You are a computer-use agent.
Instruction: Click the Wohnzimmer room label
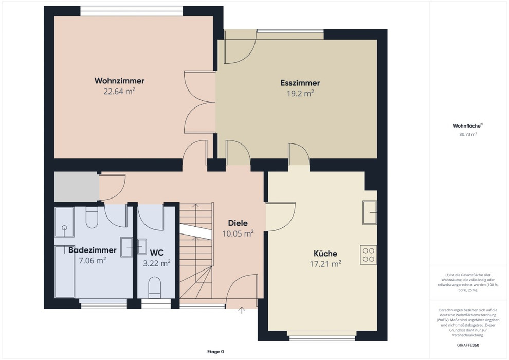pos(119,81)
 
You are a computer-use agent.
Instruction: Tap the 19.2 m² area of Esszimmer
pos(300,94)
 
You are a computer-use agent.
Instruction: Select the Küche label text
pos(325,253)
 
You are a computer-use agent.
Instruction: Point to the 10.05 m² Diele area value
pos(238,233)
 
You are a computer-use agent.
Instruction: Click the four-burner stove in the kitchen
pos(369,255)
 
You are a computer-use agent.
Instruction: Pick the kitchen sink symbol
pos(370,212)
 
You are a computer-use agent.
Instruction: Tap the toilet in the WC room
pos(155,287)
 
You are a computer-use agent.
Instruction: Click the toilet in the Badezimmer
pos(92,217)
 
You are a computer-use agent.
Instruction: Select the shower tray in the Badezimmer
pos(64,222)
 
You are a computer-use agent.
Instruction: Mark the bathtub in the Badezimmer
pos(65,272)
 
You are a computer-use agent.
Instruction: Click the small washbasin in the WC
pos(142,246)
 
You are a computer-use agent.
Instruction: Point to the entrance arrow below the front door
pos(242,310)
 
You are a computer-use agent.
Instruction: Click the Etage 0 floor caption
pos(215,352)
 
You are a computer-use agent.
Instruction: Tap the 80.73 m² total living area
pos(468,134)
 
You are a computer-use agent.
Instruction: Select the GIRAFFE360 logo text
pos(468,345)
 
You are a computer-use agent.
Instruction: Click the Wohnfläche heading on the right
pos(467,126)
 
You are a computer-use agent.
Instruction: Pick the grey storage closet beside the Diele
pos(77,187)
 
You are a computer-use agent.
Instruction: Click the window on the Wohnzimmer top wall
pos(132,11)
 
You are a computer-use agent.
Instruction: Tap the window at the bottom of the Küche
pos(322,336)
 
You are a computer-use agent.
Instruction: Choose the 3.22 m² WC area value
pos(156,263)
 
